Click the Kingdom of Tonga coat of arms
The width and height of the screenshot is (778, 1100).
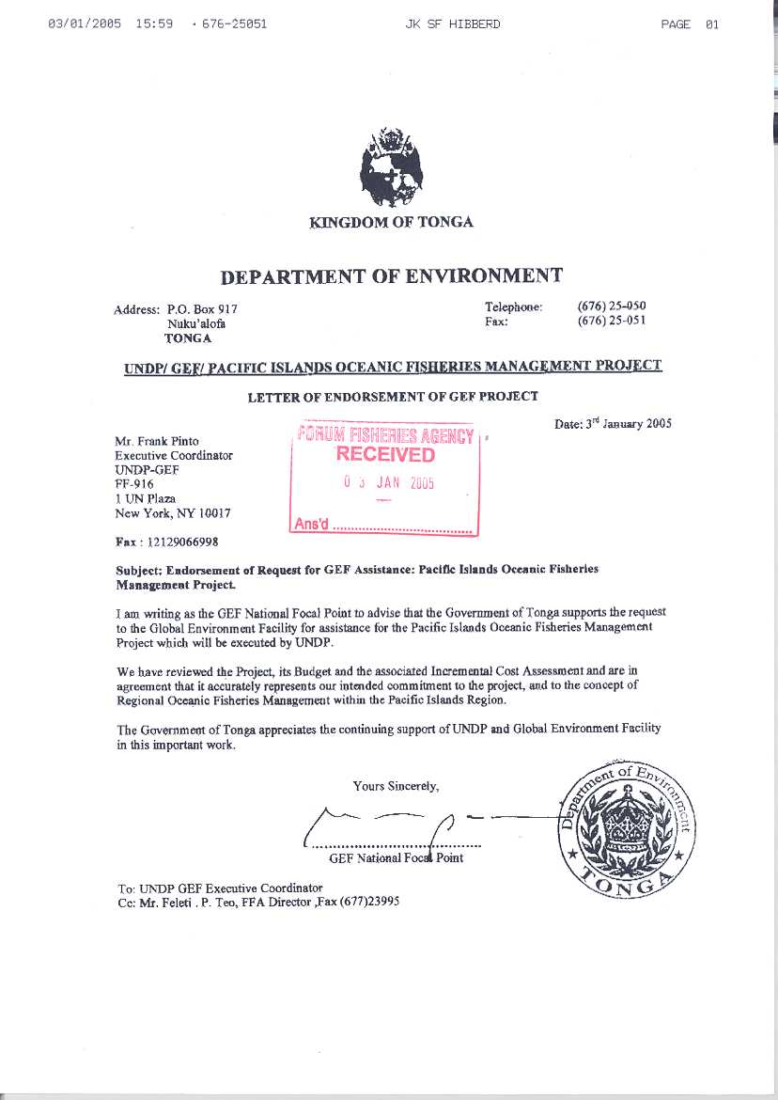(x=392, y=168)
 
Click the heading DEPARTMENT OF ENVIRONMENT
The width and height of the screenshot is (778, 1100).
(x=391, y=275)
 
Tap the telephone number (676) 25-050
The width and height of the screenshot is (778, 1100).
(x=611, y=306)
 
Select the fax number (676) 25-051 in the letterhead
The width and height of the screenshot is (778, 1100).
(x=611, y=322)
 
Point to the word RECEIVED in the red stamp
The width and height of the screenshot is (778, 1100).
(x=385, y=455)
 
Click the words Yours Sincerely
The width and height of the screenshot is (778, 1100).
(x=396, y=786)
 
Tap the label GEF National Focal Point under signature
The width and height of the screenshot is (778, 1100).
(x=396, y=857)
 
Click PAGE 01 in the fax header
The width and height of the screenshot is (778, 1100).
(x=690, y=24)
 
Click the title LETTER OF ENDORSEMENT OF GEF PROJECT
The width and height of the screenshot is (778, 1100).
(x=393, y=397)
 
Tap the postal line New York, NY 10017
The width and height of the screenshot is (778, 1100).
(x=172, y=513)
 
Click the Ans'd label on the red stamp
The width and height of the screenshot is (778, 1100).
(x=311, y=525)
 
